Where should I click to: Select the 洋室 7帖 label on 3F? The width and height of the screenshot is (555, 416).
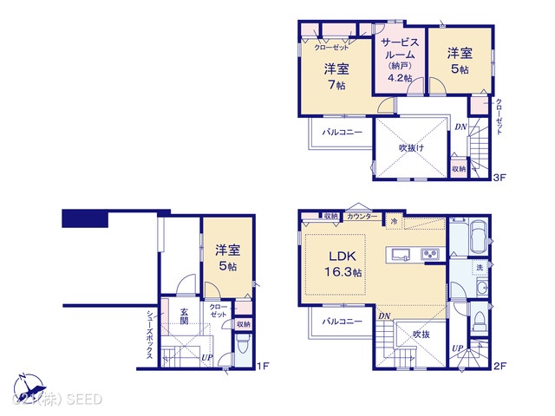[x=336, y=77]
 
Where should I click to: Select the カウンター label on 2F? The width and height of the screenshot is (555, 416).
[x=361, y=215]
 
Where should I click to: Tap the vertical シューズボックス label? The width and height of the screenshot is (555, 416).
[x=150, y=335]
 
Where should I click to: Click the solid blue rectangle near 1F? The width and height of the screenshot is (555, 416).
[x=81, y=217]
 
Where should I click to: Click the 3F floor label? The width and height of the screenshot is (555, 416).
[x=499, y=179]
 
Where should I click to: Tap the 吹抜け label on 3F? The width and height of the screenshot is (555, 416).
[x=411, y=148]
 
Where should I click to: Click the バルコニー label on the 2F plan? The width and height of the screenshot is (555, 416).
[x=343, y=321]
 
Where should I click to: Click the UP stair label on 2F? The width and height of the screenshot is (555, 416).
[x=457, y=350]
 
